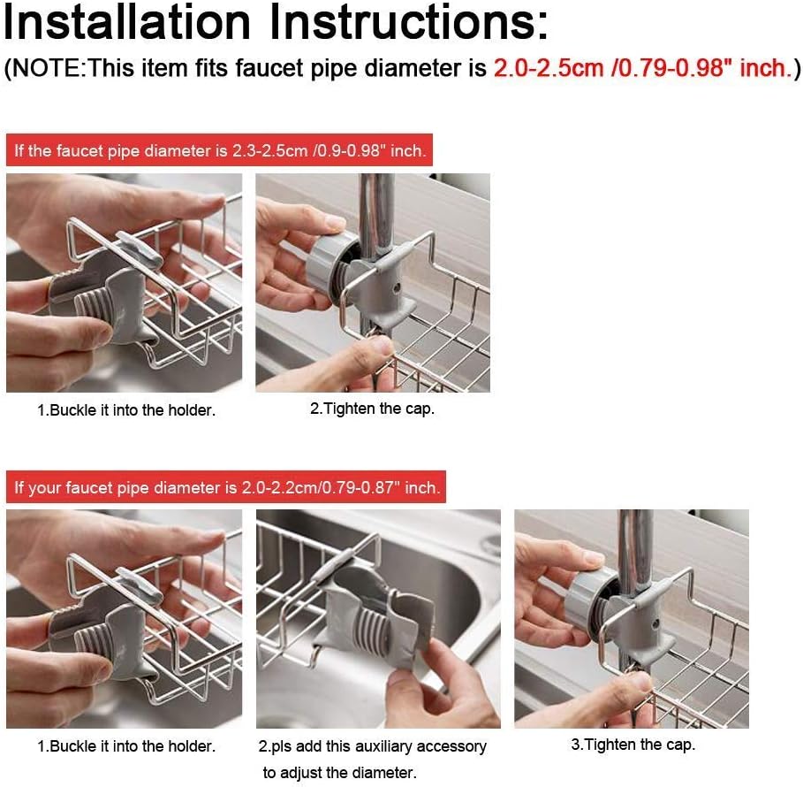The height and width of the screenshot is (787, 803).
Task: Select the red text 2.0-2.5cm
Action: [x=548, y=68]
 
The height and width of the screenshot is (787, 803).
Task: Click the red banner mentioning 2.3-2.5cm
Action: [x=219, y=150]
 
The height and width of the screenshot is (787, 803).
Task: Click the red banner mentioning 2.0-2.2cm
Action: [x=226, y=487]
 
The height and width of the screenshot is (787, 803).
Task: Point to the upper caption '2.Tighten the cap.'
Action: [x=372, y=409]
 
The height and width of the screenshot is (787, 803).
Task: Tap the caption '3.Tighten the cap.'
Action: [x=633, y=745]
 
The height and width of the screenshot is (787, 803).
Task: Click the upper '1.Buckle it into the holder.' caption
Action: [x=126, y=410]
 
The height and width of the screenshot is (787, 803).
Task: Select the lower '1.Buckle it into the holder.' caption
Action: [x=126, y=746]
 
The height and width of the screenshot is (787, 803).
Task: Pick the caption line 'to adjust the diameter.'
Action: [x=339, y=772]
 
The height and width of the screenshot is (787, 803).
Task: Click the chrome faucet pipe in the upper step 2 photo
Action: [x=376, y=216]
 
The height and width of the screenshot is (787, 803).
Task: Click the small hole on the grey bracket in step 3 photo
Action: [x=655, y=624]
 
